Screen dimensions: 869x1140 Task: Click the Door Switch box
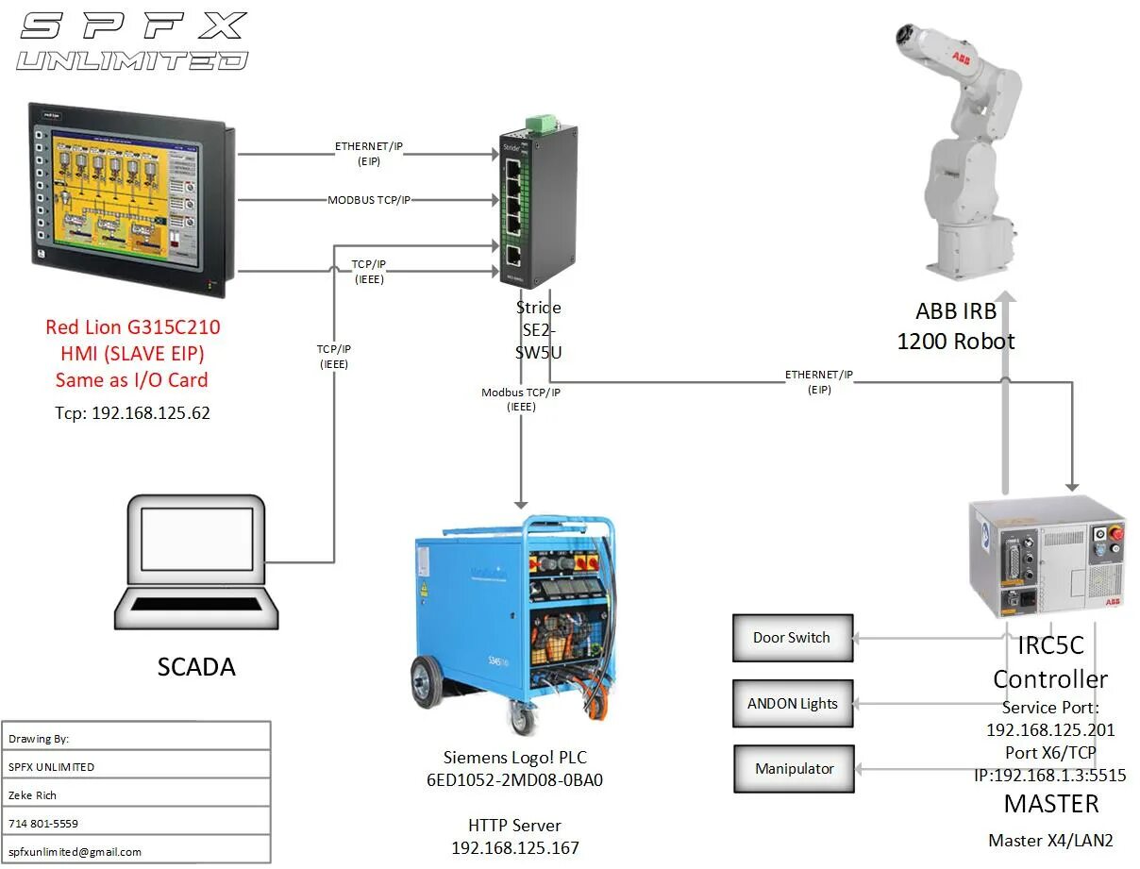(x=793, y=638)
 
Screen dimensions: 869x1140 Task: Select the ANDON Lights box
(x=793, y=704)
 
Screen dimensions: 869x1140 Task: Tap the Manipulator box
(x=794, y=769)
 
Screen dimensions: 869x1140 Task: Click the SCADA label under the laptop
(x=196, y=667)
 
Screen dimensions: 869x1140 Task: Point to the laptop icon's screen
(x=196, y=539)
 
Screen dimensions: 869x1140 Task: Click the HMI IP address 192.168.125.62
(x=132, y=412)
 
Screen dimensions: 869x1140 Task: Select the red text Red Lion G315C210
(x=132, y=327)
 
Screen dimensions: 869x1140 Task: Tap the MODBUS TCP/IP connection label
(x=369, y=200)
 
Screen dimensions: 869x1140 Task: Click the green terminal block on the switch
(x=542, y=123)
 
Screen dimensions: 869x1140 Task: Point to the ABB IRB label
(x=955, y=311)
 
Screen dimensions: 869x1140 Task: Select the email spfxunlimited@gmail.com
(x=75, y=851)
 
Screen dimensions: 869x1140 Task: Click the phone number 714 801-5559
(x=43, y=823)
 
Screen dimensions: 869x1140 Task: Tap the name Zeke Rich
(x=33, y=794)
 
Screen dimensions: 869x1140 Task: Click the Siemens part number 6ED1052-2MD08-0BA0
(x=514, y=780)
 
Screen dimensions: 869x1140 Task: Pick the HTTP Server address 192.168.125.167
(x=515, y=847)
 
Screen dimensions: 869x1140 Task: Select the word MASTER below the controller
(x=1050, y=804)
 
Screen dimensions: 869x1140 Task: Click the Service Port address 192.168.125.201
(x=1050, y=729)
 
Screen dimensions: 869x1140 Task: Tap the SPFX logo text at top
(x=133, y=26)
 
